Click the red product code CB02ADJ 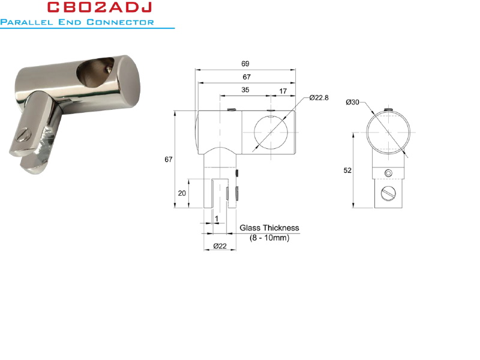(100, 7)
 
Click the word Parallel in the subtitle (26, 22)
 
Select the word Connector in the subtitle (120, 22)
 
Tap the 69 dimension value (245, 64)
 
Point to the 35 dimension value (245, 89)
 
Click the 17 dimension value (283, 91)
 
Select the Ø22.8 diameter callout (319, 98)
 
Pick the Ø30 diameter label (352, 102)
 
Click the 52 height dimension (347, 170)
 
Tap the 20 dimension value (182, 193)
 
